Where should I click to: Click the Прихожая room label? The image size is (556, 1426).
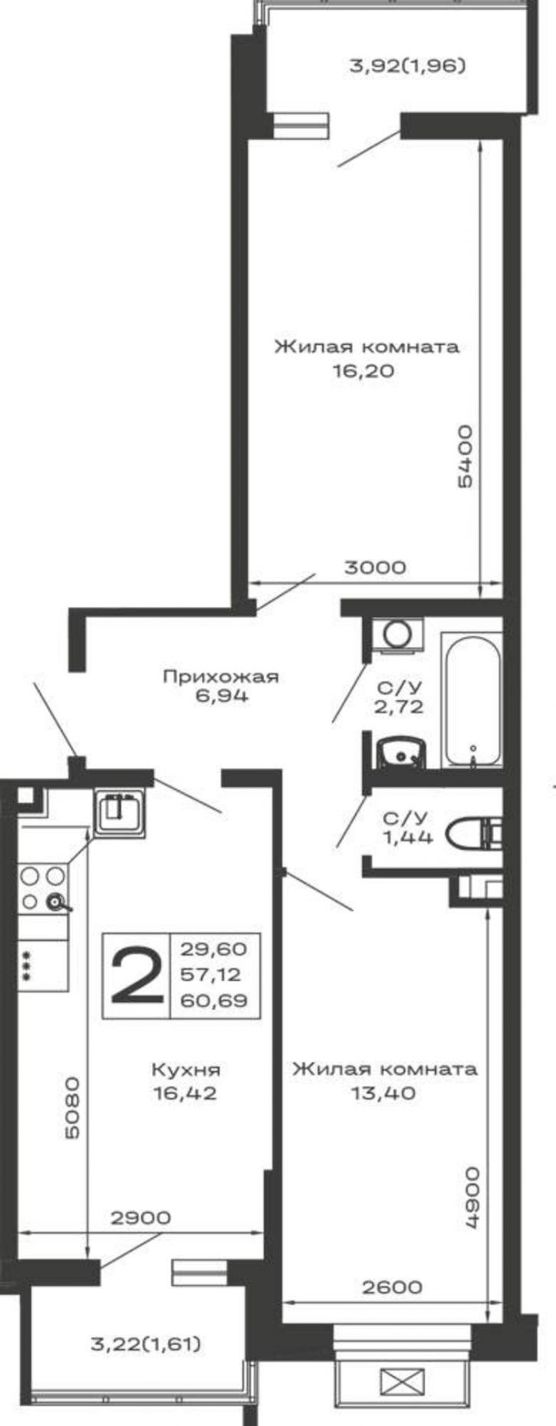point(221,677)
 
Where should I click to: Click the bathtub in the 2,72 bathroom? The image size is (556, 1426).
point(472,699)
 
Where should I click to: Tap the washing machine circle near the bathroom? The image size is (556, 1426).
point(396,634)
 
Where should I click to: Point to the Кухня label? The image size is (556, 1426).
point(186,1069)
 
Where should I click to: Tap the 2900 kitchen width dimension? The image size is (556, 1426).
point(140,1217)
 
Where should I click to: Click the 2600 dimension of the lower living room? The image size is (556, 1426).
point(392,1286)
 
